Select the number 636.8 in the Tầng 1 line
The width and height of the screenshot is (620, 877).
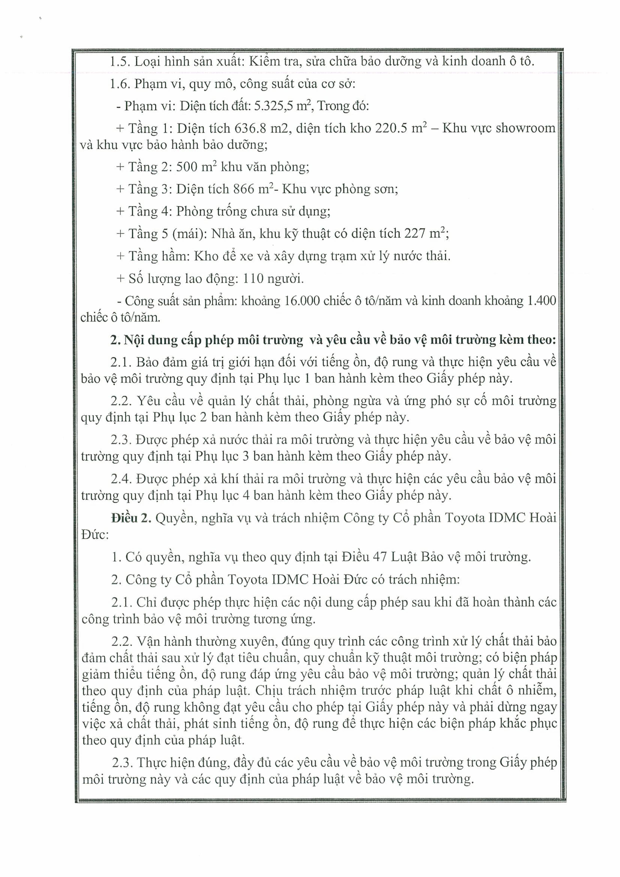point(251,128)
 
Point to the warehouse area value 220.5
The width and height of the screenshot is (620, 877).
point(392,128)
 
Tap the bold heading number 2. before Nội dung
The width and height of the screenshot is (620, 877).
point(116,340)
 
